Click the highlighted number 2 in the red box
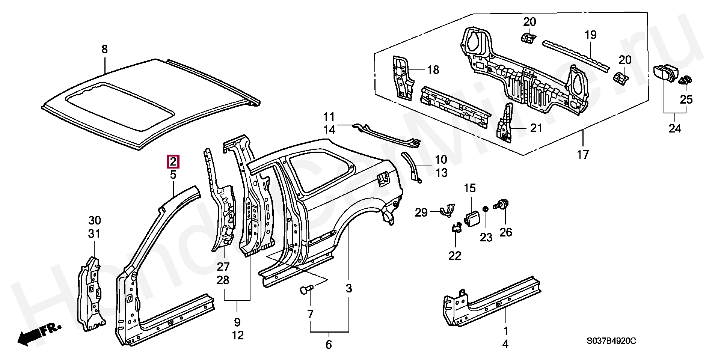pos(173,162)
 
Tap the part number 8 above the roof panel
pos(104,49)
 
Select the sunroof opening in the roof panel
pos(120,106)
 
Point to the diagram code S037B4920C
pos(611,341)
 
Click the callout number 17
pos(583,154)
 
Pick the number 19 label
pos(590,35)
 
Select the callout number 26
pos(505,232)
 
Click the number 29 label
pos(421,213)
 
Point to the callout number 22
pos(454,256)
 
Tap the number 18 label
pos(433,70)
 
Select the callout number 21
pos(536,128)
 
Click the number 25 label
pos(686,99)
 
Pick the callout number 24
pos(674,128)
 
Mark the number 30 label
pos(95,220)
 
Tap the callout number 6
pos(329,345)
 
